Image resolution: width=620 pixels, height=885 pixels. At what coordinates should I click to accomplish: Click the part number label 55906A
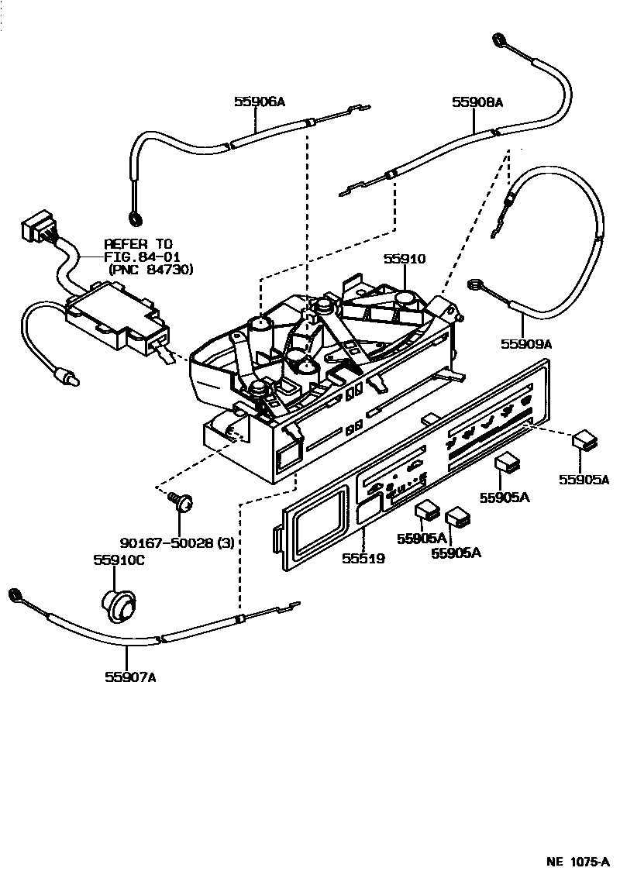pos(260,102)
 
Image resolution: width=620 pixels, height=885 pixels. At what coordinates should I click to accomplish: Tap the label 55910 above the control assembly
pos(403,260)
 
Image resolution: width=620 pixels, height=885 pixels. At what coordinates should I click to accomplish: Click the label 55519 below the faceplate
pos(362,557)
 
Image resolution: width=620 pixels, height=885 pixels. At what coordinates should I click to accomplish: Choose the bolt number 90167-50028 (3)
pos(177,543)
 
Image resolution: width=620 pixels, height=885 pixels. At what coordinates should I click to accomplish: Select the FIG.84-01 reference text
pos(143,256)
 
